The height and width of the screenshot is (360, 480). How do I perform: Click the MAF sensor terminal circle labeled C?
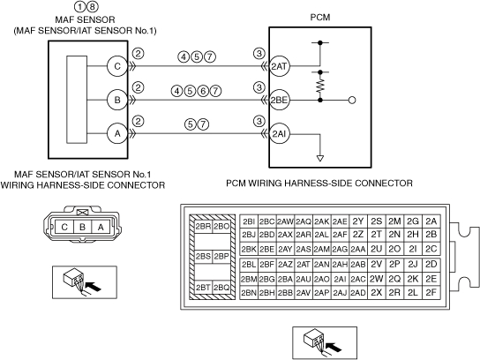point(117,66)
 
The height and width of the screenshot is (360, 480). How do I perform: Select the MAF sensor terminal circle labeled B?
point(117,100)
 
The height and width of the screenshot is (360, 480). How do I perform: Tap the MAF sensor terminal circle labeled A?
point(117,133)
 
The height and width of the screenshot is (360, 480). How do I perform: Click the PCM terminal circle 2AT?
point(279,66)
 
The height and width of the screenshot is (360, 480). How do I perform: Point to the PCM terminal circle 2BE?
point(279,100)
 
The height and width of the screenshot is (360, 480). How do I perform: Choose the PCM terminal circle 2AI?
point(279,133)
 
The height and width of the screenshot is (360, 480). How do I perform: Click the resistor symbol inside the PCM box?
point(320,86)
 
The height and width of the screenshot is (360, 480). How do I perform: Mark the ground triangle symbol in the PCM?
point(320,159)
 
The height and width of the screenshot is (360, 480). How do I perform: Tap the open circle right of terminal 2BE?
point(352,100)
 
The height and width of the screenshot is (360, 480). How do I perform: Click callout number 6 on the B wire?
point(203,91)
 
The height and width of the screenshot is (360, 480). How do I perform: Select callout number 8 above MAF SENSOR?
point(93,6)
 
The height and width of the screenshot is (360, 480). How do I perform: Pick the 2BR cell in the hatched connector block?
point(203,227)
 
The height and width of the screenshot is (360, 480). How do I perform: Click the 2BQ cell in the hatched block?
point(221,287)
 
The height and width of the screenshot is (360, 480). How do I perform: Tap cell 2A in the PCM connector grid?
point(431,221)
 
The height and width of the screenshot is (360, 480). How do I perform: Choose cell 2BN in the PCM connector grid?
point(249,293)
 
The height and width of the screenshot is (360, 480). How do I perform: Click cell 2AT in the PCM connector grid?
point(303,264)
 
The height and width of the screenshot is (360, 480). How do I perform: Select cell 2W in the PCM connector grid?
point(376,279)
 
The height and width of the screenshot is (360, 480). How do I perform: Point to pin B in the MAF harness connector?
point(82,227)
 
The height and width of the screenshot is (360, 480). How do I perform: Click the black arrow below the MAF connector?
point(93,287)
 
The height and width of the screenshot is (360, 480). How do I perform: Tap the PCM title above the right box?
point(320,17)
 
